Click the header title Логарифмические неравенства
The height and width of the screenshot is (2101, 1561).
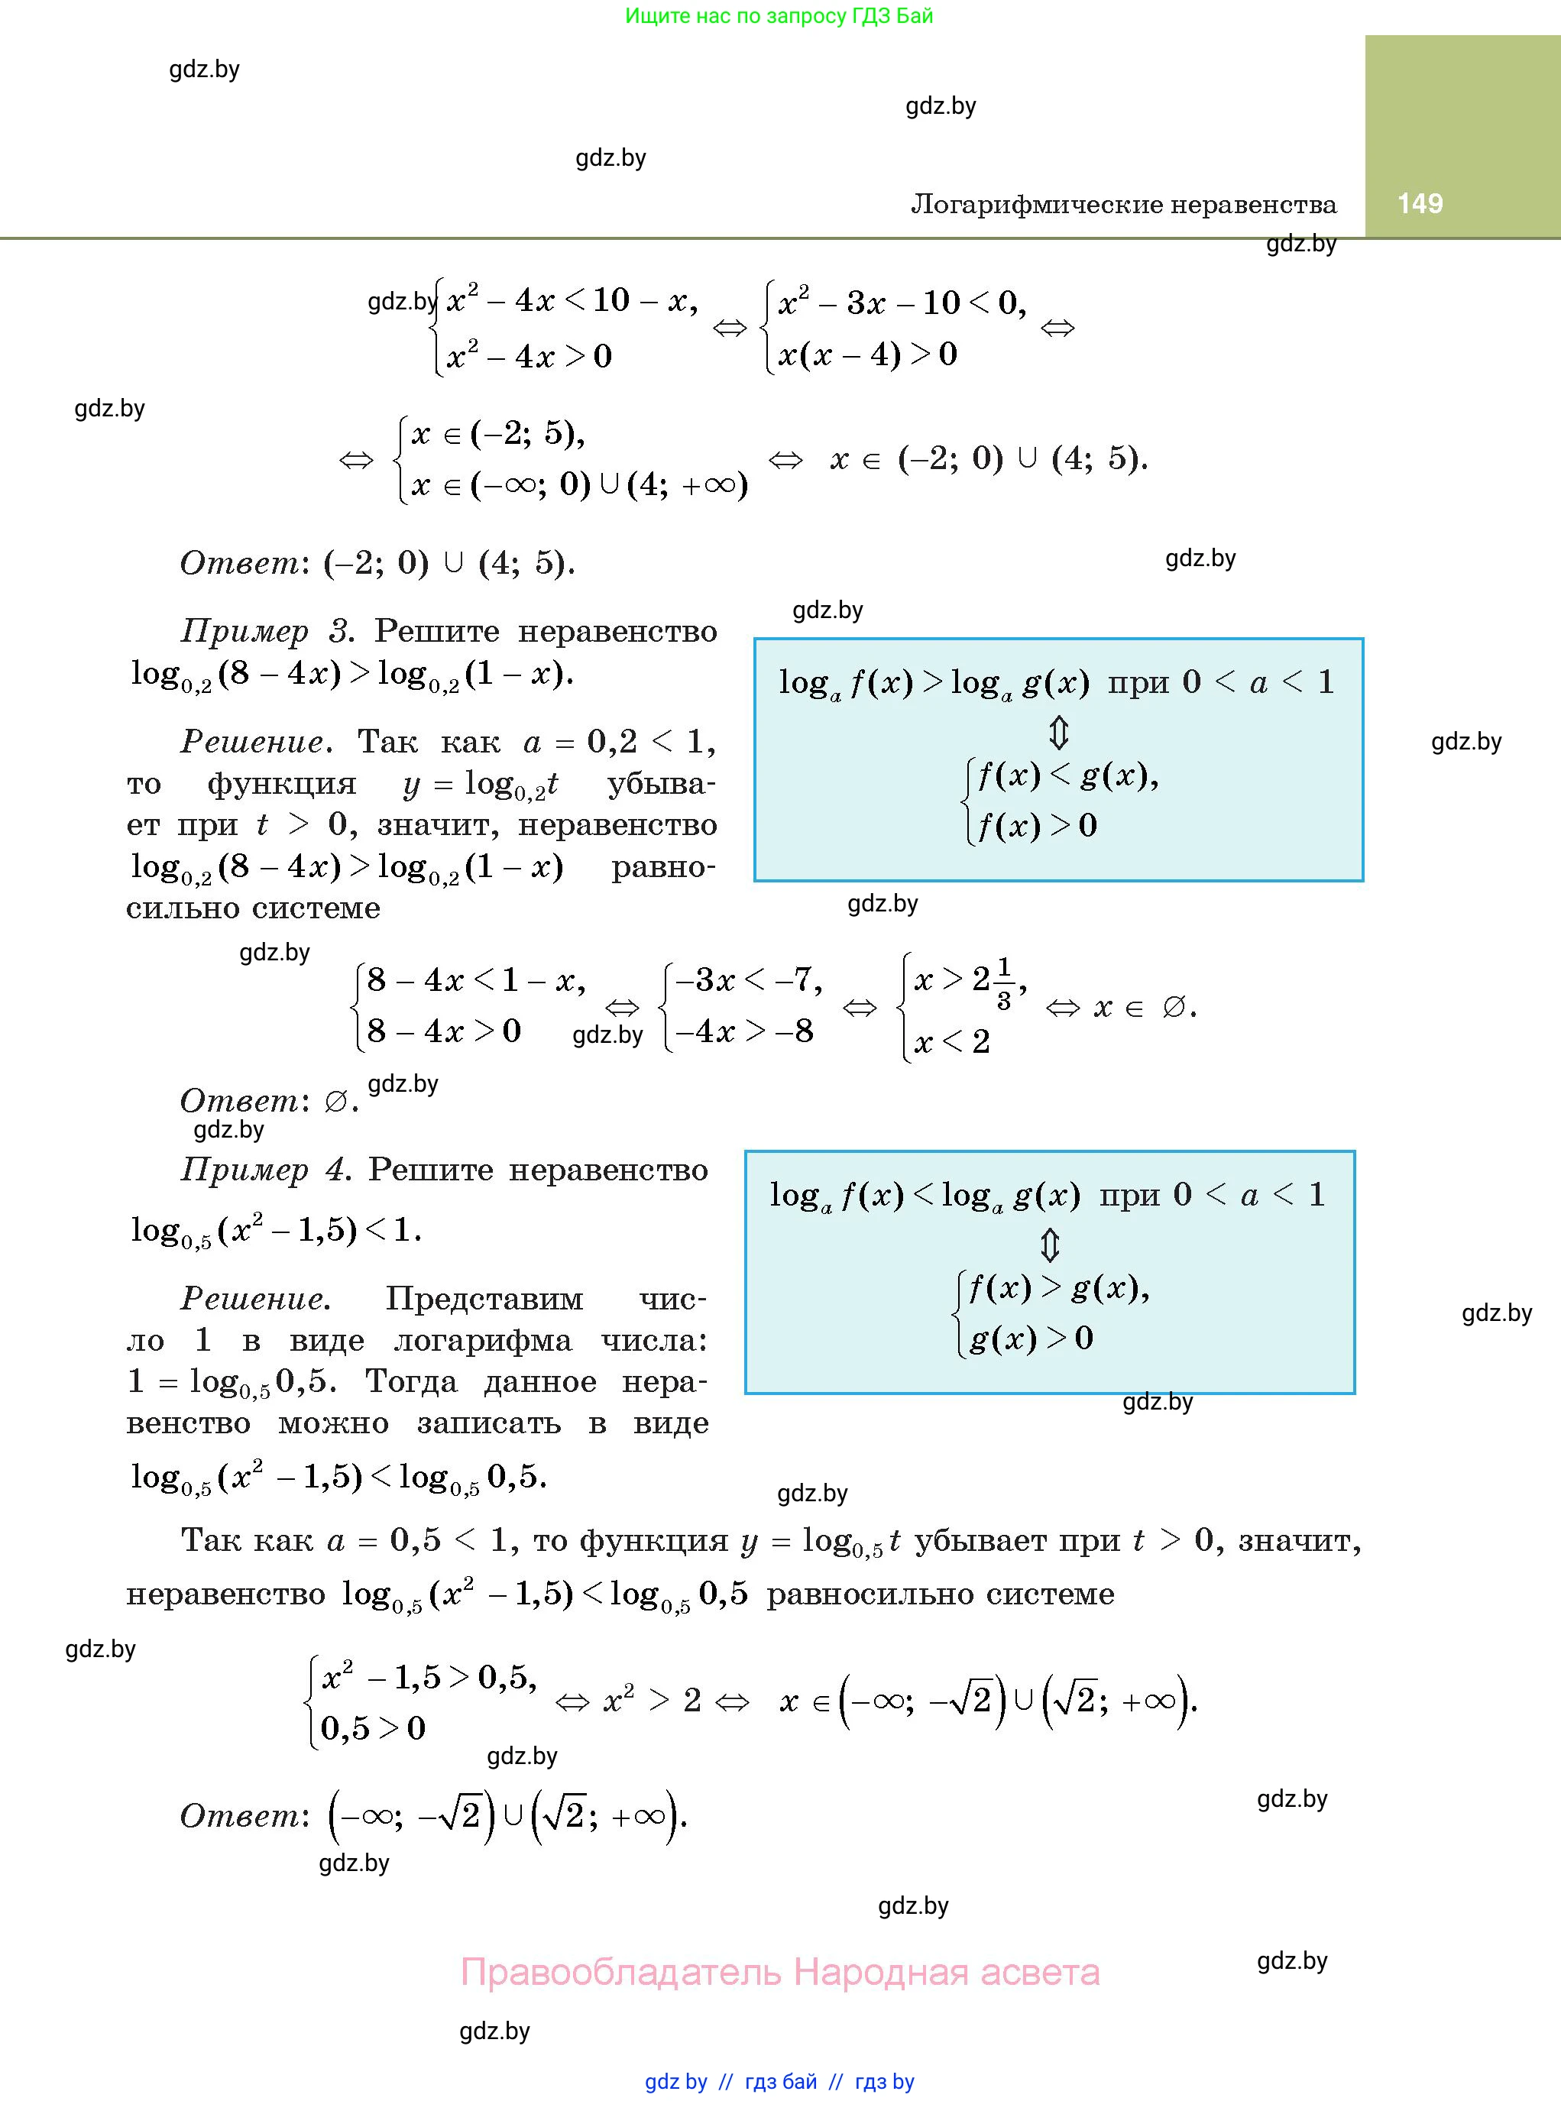pyautogui.click(x=1123, y=204)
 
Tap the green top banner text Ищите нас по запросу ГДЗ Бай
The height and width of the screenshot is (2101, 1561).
pyautogui.click(x=779, y=16)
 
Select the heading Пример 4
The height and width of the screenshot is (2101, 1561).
pyautogui.click(x=264, y=1170)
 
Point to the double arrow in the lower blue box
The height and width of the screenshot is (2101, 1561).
pyautogui.click(x=1050, y=1245)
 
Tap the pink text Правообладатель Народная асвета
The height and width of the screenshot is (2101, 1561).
pyautogui.click(x=779, y=1972)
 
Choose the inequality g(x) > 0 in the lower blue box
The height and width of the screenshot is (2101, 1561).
pyautogui.click(x=1031, y=1338)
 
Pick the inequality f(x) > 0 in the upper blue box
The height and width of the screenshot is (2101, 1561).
pyautogui.click(x=1037, y=826)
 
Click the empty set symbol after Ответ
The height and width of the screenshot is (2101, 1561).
pyautogui.click(x=335, y=1102)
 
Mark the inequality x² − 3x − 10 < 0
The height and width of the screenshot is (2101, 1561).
pyautogui.click(x=902, y=303)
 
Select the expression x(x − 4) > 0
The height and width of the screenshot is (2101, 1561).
pyautogui.click(x=867, y=354)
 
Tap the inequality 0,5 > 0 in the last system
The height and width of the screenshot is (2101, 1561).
pyautogui.click(x=373, y=1728)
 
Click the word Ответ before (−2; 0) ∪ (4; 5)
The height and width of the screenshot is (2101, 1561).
pyautogui.click(x=240, y=563)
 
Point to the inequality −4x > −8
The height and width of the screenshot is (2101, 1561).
pyautogui.click(x=743, y=1031)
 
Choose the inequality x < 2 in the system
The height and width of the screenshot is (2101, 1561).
pyautogui.click(x=951, y=1041)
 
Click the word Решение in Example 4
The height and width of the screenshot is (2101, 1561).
pyautogui.click(x=255, y=1299)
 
